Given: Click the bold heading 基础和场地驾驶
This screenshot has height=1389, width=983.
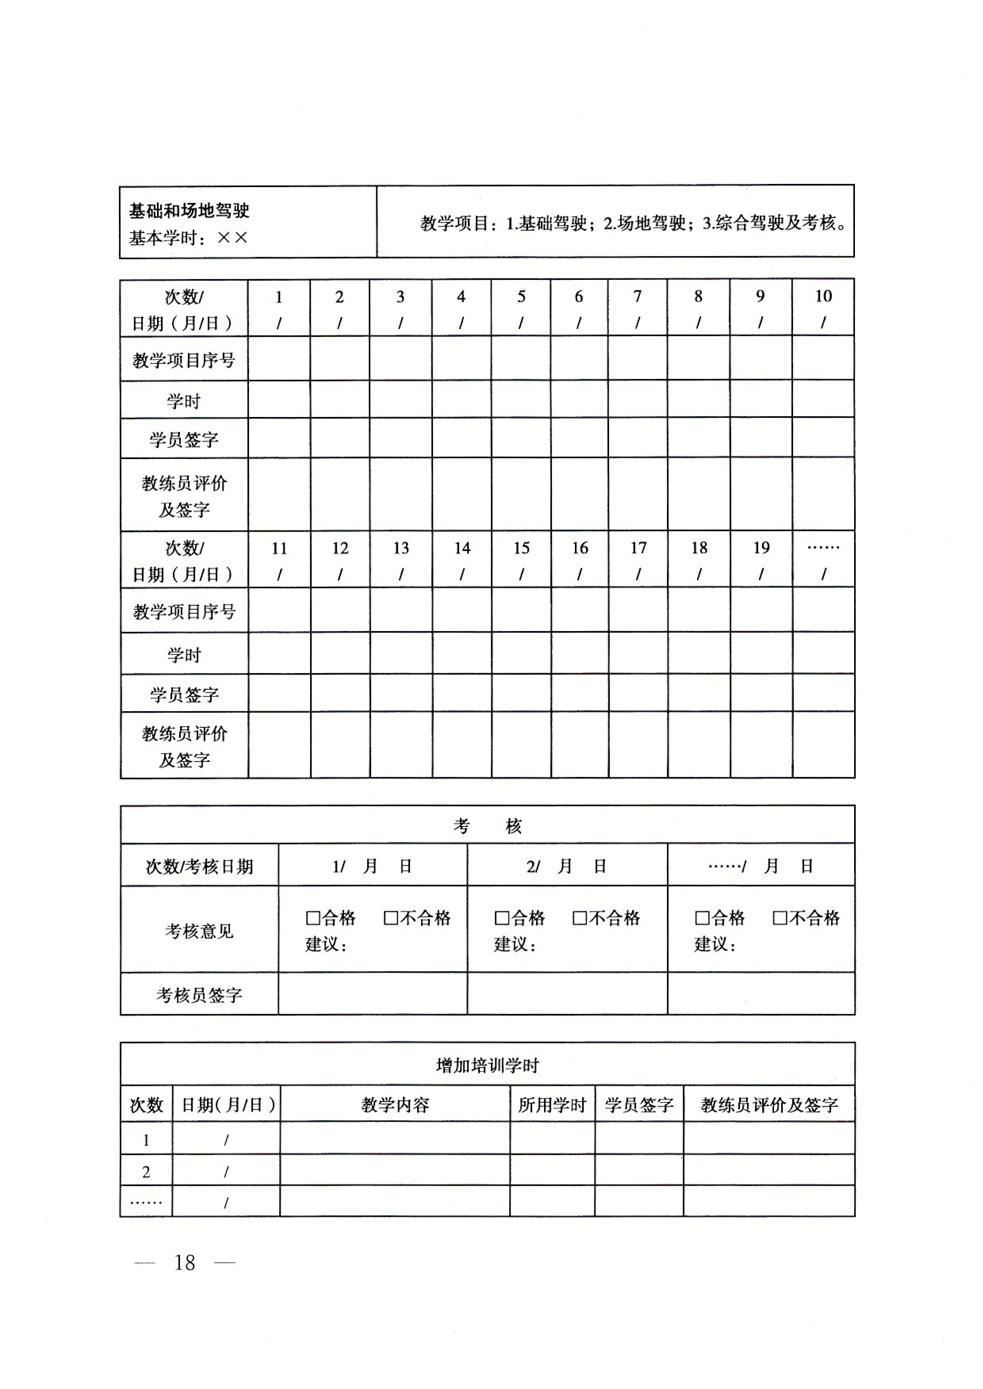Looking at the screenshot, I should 189,210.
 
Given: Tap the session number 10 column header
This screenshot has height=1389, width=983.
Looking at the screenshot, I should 823,297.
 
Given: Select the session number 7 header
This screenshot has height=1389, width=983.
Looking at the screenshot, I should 637,297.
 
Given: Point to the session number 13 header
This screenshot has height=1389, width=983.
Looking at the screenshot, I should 401,548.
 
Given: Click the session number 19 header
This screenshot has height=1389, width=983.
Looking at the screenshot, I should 761,548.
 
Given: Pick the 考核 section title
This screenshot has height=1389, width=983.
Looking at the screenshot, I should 487,826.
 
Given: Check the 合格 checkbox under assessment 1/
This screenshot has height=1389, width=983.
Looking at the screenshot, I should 312,918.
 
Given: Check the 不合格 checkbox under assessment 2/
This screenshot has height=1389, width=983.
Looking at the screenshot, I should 579,918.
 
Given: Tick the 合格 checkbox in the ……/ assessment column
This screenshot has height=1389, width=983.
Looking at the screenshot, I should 701,918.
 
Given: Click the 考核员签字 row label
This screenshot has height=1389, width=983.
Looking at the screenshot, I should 199,995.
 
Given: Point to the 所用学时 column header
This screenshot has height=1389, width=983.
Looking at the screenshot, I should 552,1105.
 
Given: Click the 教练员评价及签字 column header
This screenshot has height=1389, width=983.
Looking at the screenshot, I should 769,1105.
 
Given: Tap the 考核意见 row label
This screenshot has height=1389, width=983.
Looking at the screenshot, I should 199,931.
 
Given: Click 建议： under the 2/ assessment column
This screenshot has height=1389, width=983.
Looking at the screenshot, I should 515,944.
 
